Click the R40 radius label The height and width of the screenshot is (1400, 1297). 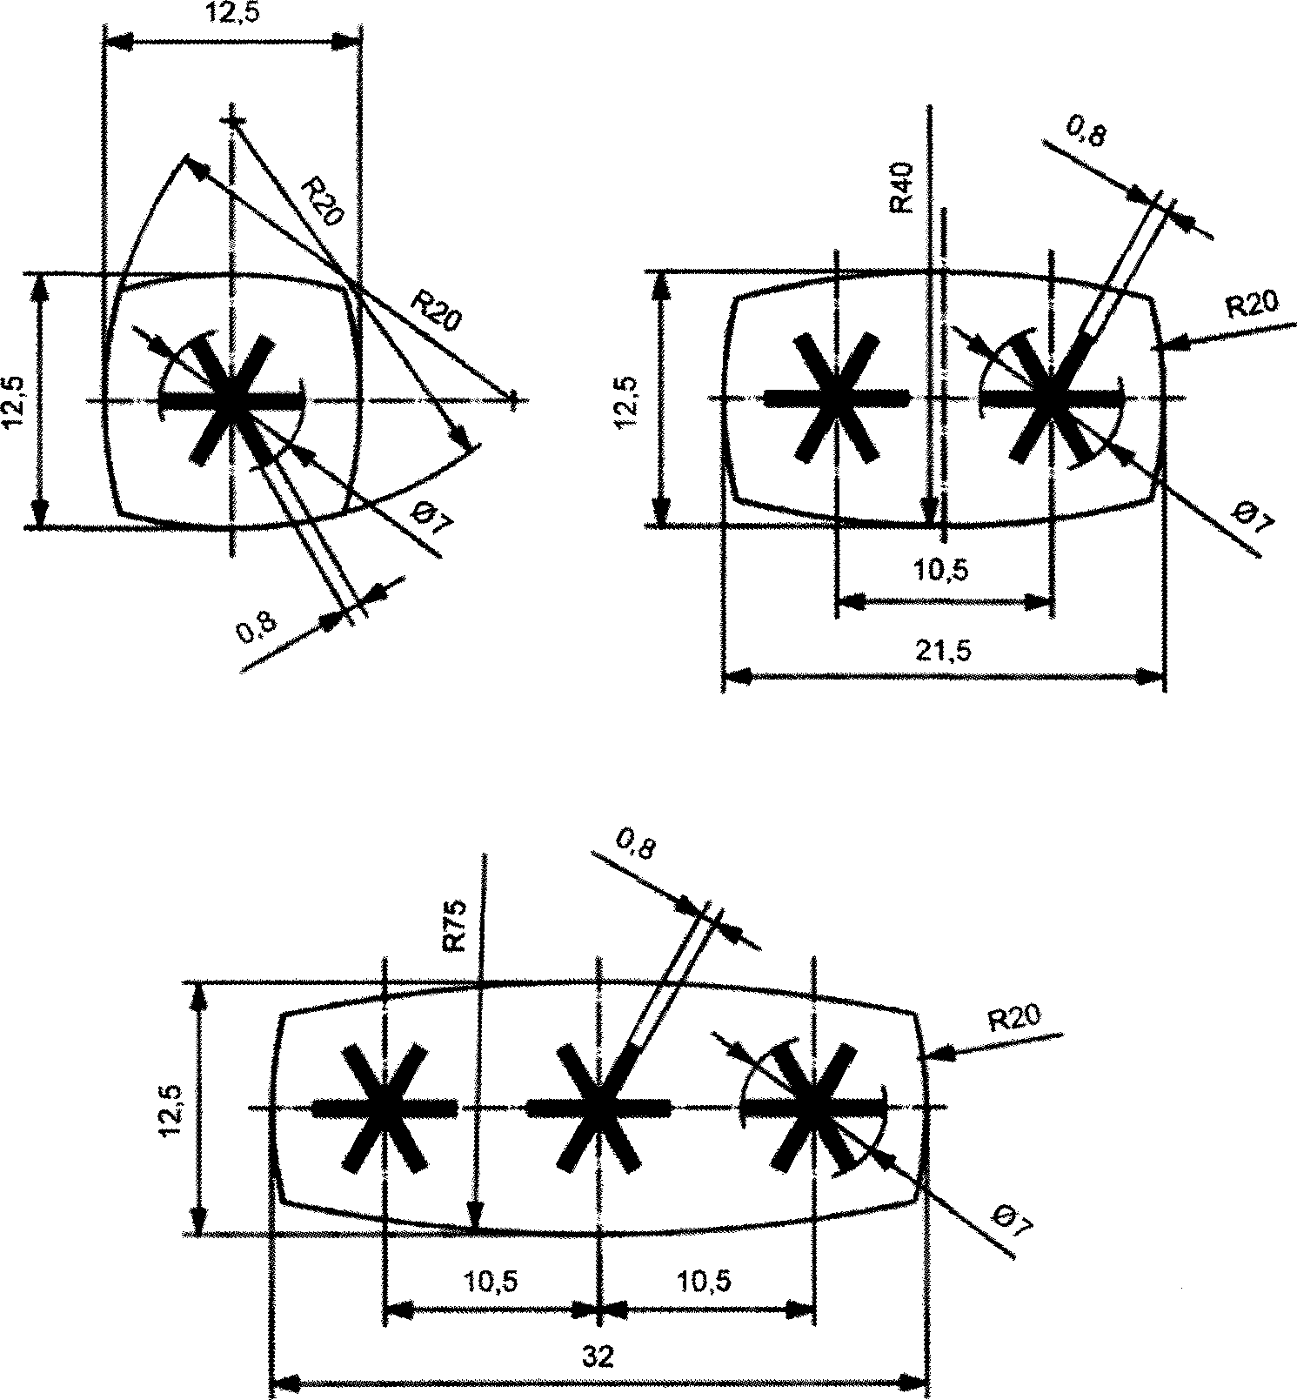[x=901, y=187]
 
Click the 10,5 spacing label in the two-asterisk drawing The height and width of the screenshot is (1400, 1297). [x=941, y=572]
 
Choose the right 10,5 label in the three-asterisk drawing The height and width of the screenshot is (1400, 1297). [x=705, y=1281]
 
